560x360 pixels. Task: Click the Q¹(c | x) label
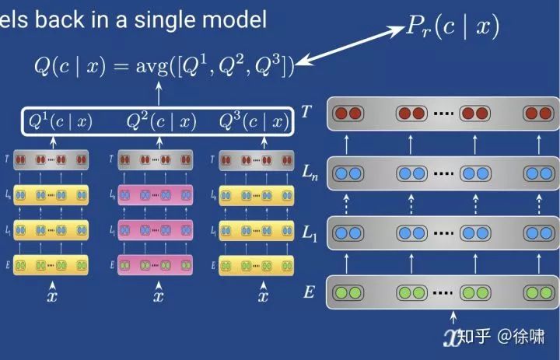click(61, 121)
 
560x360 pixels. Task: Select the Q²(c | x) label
click(161, 121)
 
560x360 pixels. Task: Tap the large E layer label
click(309, 292)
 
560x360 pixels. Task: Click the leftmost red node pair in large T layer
click(347, 114)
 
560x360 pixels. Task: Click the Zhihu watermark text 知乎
click(474, 337)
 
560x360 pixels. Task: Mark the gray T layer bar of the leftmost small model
click(53, 161)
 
